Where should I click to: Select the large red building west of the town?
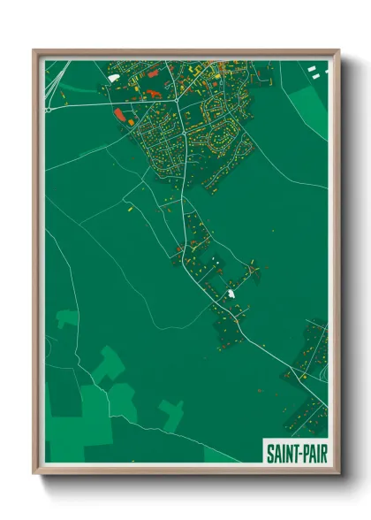click(x=120, y=114)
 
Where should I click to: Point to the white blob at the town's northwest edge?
click(x=113, y=77)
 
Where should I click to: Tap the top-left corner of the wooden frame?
click(x=34, y=50)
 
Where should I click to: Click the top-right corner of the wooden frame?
click(x=338, y=50)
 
